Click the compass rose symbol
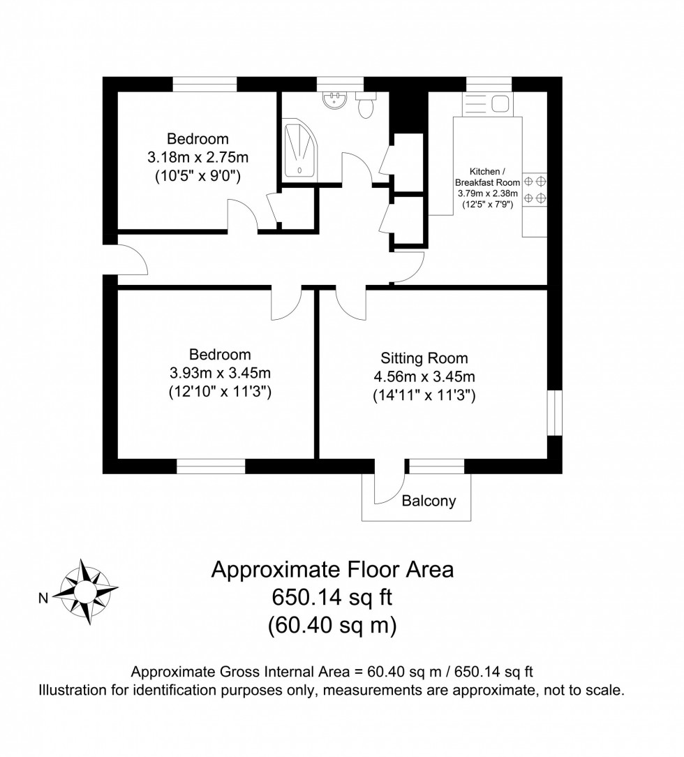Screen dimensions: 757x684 pyautogui.click(x=87, y=591)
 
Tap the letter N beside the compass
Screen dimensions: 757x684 pyautogui.click(x=43, y=597)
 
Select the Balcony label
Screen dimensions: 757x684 pyautogui.click(x=429, y=501)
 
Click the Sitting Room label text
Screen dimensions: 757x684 pyautogui.click(x=424, y=358)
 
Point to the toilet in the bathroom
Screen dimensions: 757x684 pyautogui.click(x=365, y=107)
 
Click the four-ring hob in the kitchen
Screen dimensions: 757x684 pyautogui.click(x=535, y=189)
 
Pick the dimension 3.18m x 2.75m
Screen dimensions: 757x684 pyautogui.click(x=198, y=157)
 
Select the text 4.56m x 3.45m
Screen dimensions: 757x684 pyautogui.click(x=424, y=377)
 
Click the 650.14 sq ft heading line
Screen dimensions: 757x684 pyautogui.click(x=332, y=598)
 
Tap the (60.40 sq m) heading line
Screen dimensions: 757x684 pyautogui.click(x=332, y=625)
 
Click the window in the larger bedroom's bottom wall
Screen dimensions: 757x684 pyautogui.click(x=211, y=466)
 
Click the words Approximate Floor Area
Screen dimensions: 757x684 pyautogui.click(x=332, y=570)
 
